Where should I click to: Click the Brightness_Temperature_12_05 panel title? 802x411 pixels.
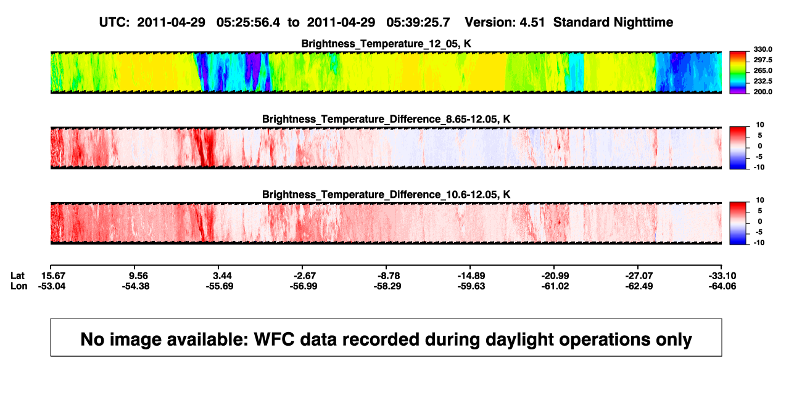[x=386, y=44]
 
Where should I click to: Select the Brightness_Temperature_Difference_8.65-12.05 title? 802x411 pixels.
[x=386, y=119]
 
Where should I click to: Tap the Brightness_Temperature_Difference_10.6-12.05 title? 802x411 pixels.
[x=386, y=195]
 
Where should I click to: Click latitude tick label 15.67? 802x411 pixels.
[x=53, y=276]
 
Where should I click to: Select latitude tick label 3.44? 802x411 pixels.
[x=222, y=276]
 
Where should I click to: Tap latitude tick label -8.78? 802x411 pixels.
[x=389, y=276]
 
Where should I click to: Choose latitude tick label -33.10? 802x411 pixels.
[x=722, y=276]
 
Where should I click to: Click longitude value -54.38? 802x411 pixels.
[x=136, y=286]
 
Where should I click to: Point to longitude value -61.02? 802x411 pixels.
[x=555, y=286]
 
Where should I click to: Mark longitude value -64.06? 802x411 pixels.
[x=722, y=286]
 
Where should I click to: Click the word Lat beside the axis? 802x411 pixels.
[x=17, y=276]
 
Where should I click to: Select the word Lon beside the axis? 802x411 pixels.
[x=19, y=286]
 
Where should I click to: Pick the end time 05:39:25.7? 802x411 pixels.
[x=418, y=22]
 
